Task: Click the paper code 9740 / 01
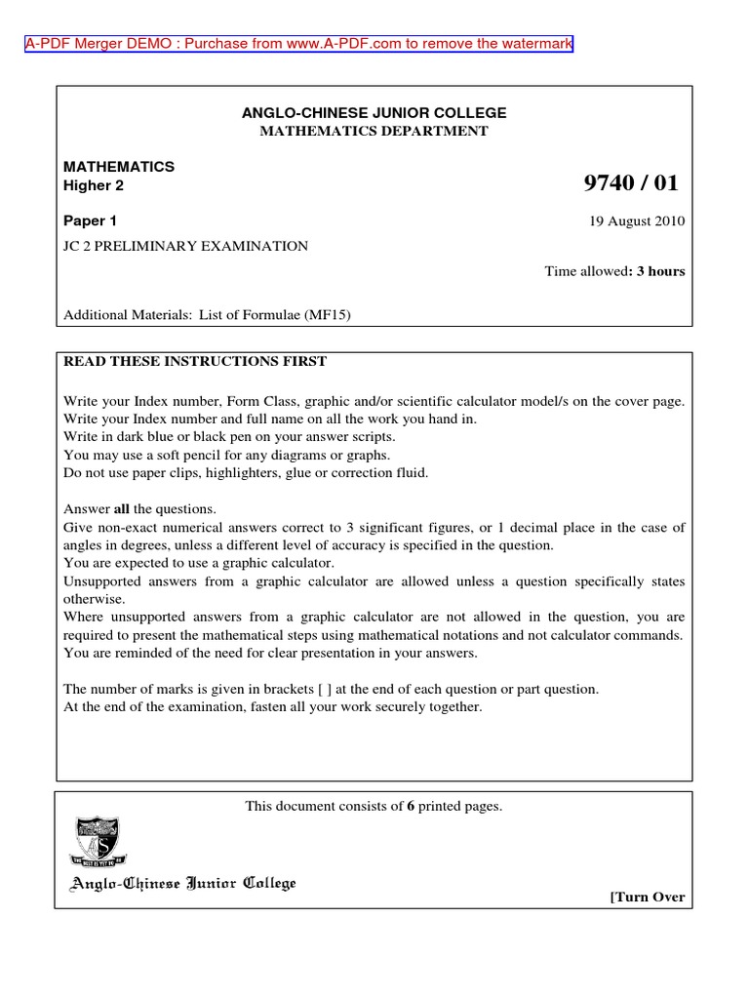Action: [x=629, y=183]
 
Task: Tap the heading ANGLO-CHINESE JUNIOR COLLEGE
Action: [x=374, y=114]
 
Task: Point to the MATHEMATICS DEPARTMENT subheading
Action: [x=374, y=132]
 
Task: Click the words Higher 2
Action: [x=94, y=185]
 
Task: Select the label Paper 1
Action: [x=90, y=220]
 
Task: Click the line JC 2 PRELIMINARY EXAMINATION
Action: [x=185, y=247]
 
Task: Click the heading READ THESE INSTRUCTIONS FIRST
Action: [x=195, y=361]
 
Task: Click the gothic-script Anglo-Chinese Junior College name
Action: [x=180, y=885]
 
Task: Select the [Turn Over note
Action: [x=647, y=898]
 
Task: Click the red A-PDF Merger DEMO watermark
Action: [x=299, y=45]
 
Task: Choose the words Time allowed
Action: [x=583, y=271]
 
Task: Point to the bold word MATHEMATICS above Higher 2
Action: [x=119, y=167]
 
